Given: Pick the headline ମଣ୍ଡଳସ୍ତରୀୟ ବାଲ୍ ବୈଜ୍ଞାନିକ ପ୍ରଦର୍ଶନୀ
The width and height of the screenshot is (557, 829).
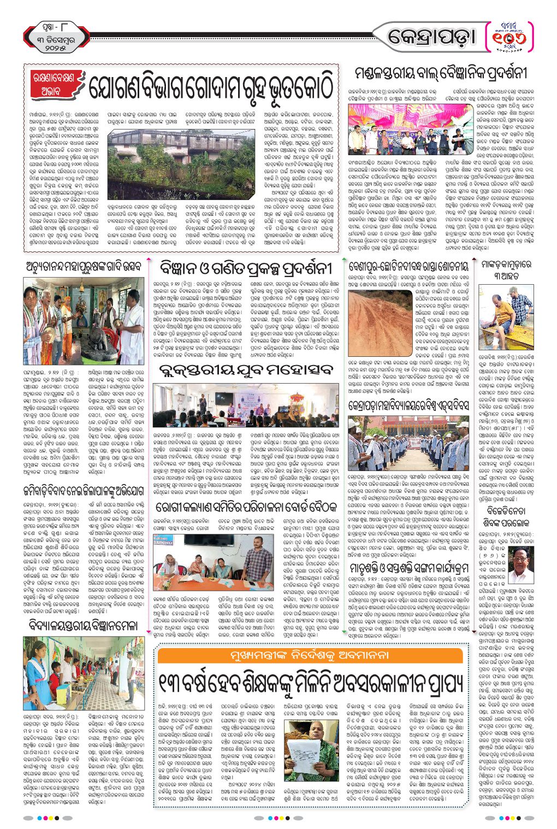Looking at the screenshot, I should (x=443, y=73).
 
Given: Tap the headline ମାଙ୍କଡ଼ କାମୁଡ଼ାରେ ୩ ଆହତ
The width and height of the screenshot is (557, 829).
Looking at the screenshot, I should (x=506, y=270).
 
